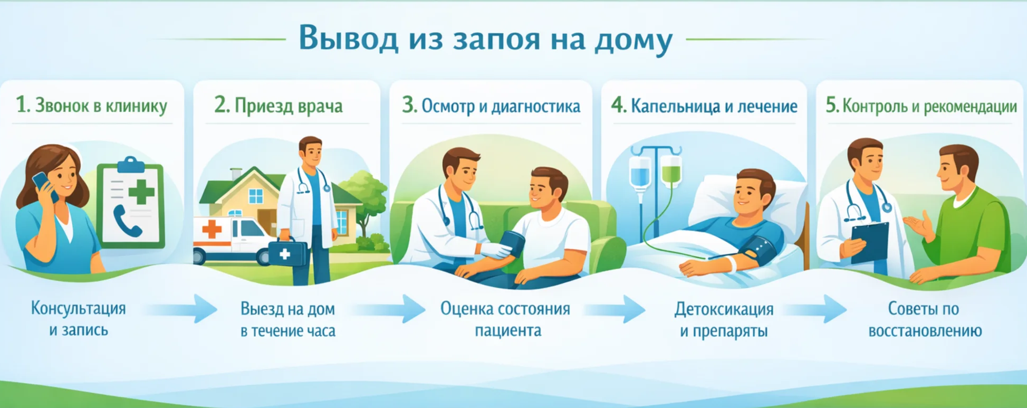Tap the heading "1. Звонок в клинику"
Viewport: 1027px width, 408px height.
[92, 106]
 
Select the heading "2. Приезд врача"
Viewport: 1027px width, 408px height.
[279, 106]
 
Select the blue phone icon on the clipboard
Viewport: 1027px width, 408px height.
[127, 221]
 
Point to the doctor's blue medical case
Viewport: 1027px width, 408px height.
[287, 252]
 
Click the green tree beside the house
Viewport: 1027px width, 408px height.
[364, 195]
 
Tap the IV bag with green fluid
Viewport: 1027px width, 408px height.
[670, 171]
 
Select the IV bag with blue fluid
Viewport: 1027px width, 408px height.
[640, 172]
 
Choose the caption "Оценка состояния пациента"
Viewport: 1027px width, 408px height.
[505, 319]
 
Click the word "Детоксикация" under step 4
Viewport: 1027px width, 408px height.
[724, 309]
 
